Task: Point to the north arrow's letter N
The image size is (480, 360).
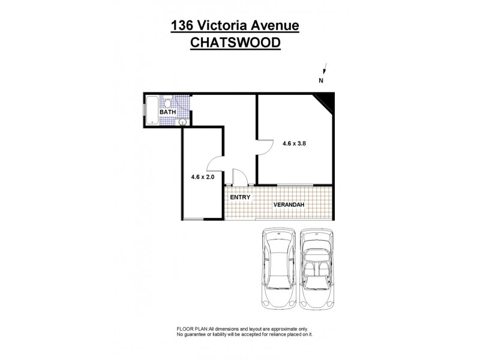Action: (321, 80)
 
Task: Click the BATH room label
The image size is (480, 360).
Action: (168, 112)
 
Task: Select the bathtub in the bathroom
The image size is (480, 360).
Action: (152, 111)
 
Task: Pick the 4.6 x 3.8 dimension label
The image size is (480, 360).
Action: (294, 143)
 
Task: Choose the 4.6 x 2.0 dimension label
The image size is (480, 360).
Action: (203, 177)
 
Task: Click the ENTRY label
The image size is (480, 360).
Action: (240, 197)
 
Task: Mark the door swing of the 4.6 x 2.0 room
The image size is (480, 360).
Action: (215, 165)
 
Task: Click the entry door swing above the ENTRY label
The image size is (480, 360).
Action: (238, 177)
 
